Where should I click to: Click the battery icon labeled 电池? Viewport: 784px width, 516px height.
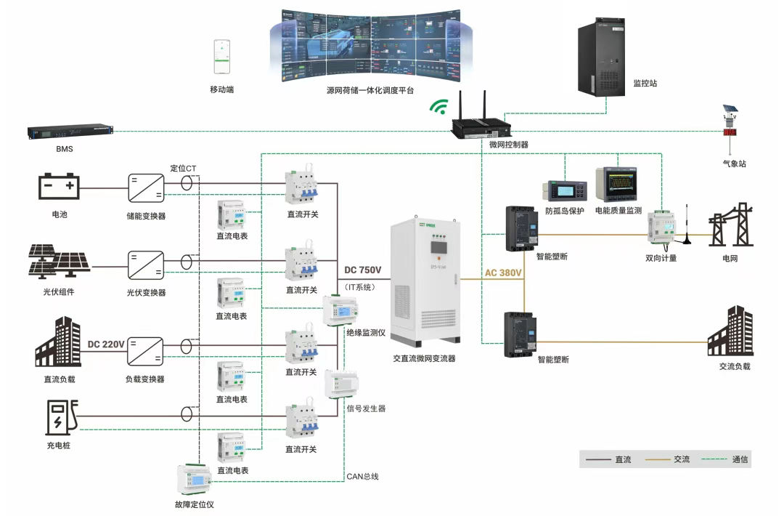pos(59,187)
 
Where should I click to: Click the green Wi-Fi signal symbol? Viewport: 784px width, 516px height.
pos(438,108)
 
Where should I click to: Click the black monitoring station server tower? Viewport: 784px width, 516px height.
pos(601,57)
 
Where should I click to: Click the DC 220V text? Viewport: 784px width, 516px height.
pos(106,344)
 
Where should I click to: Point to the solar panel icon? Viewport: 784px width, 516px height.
pos(59,262)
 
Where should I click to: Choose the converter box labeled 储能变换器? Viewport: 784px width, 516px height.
pos(145,188)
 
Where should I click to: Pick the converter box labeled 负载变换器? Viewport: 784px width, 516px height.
pos(145,351)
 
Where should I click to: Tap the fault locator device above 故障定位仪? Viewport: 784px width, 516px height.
pos(194,479)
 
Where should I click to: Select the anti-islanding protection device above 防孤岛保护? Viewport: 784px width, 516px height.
pos(559,189)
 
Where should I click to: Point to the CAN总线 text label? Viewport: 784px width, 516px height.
pos(362,477)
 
